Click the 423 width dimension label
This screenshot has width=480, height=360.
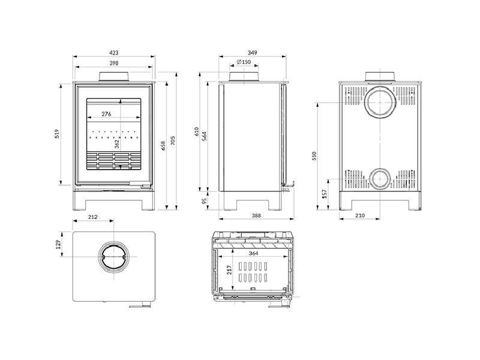click(114, 53)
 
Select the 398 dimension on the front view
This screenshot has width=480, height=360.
click(114, 63)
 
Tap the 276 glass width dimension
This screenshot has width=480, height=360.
click(106, 113)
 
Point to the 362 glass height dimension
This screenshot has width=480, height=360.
click(116, 143)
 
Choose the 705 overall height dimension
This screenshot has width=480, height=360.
click(173, 141)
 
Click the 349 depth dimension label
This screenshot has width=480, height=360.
click(252, 53)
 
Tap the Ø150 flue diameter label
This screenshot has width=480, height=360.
click(243, 62)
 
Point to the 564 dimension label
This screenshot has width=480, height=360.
click(205, 136)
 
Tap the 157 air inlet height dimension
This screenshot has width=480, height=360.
click(325, 194)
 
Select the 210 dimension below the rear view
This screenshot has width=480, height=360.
click(360, 215)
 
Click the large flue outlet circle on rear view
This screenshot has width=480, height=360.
click(379, 101)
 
